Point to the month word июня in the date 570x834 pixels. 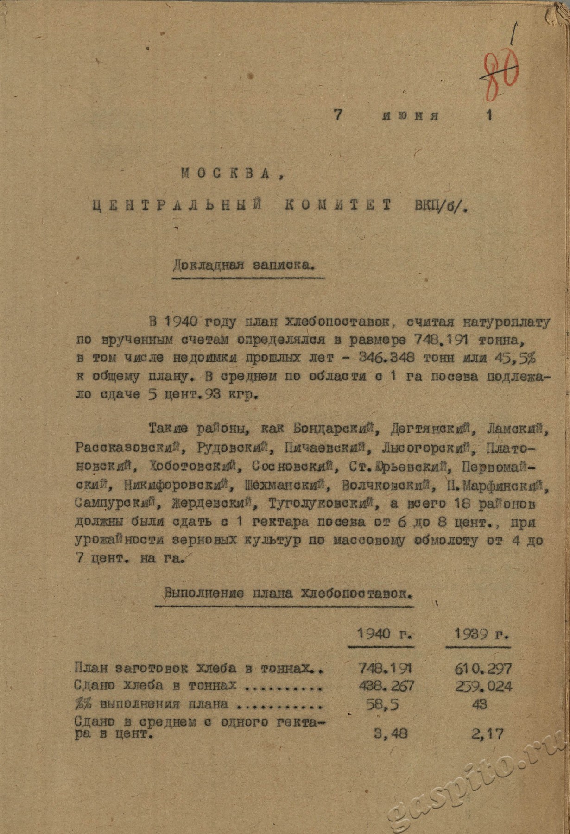411,116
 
